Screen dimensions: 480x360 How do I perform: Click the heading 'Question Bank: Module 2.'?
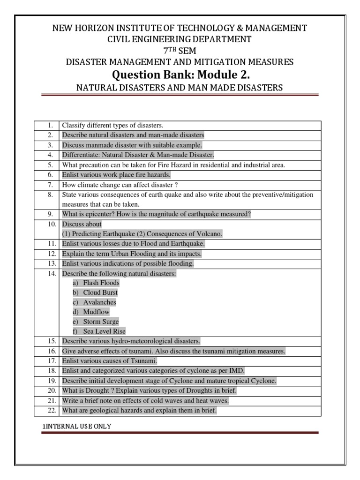(x=180, y=74)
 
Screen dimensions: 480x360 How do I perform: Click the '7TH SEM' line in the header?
(x=180, y=51)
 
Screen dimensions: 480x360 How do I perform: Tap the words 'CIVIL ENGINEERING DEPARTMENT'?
(x=180, y=39)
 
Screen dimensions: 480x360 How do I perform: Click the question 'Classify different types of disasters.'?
(x=112, y=126)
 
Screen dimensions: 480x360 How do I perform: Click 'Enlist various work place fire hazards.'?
(x=115, y=175)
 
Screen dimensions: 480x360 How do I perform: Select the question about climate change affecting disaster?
(x=120, y=185)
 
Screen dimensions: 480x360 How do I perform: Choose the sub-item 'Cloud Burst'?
(x=100, y=292)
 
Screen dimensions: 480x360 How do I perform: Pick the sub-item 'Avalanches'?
(x=99, y=302)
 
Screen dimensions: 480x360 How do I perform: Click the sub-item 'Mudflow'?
(x=97, y=312)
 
